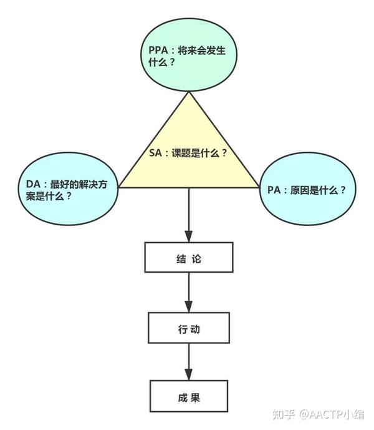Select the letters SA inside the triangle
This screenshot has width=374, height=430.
pos(156,152)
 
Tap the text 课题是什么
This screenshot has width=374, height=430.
pos(201,152)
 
